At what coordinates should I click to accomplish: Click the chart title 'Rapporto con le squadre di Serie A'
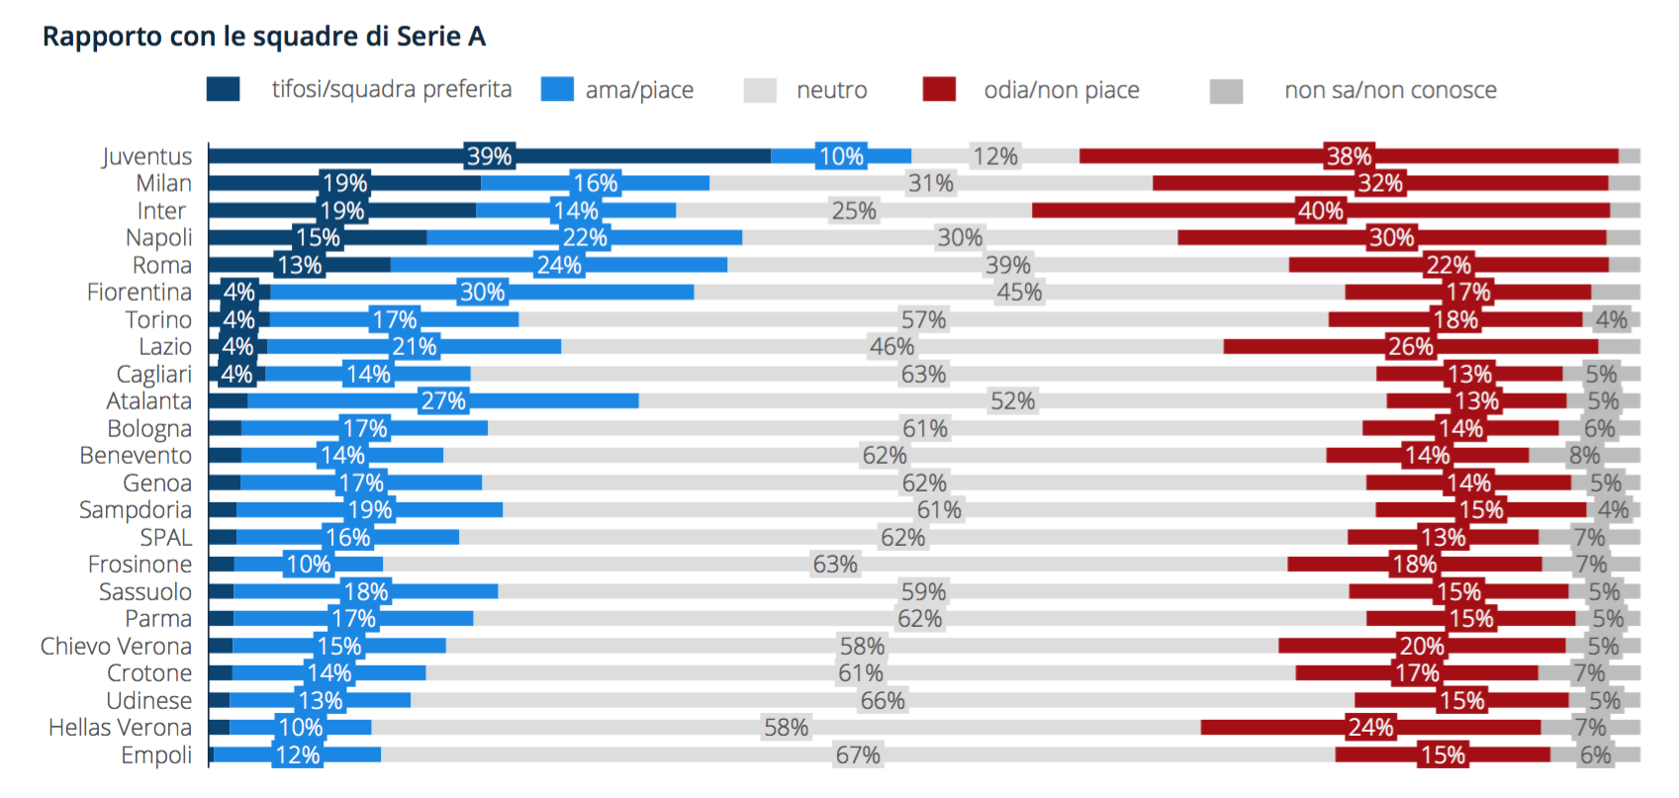(x=264, y=37)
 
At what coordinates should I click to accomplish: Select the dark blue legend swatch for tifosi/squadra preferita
(x=223, y=89)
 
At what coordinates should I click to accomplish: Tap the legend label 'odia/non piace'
(x=1061, y=90)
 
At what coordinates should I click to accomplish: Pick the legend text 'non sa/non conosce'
(x=1390, y=90)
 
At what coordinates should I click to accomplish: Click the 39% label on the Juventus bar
(x=490, y=156)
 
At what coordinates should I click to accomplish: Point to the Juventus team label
(x=147, y=156)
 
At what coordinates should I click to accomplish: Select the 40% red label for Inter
(x=1320, y=211)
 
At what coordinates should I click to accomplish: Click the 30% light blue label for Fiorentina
(x=482, y=292)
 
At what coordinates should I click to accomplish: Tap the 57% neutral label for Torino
(x=923, y=319)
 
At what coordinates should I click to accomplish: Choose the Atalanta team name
(x=149, y=400)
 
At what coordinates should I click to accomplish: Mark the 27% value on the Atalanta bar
(x=442, y=400)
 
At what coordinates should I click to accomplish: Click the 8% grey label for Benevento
(x=1584, y=455)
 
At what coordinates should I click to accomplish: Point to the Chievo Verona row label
(x=116, y=646)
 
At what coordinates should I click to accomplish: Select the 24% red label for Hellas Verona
(x=1370, y=728)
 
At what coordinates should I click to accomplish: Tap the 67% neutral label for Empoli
(x=858, y=754)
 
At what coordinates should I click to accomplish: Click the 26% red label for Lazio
(x=1410, y=346)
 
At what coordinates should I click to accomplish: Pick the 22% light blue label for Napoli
(x=584, y=237)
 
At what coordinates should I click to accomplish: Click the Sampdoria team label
(x=136, y=509)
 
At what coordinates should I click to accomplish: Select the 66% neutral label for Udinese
(x=883, y=700)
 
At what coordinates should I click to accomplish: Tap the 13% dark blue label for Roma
(x=299, y=265)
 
